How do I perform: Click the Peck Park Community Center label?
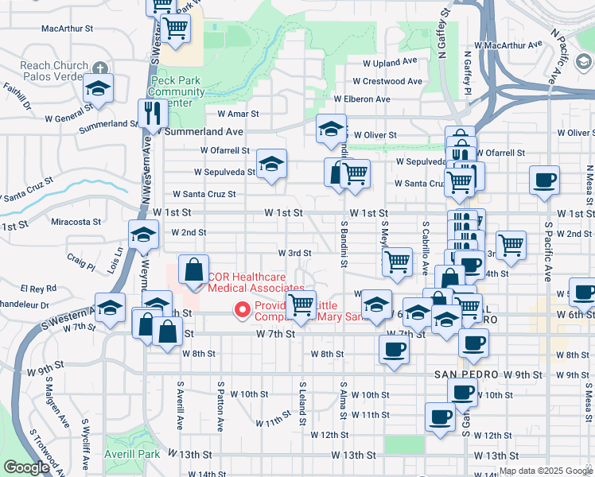[176, 91]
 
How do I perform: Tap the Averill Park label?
[131, 454]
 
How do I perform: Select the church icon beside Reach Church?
[99, 68]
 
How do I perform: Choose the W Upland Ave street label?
[390, 61]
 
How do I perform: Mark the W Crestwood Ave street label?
[387, 81]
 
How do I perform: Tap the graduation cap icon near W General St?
[99, 88]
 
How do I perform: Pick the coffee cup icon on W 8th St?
[393, 348]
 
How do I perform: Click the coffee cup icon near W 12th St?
[440, 416]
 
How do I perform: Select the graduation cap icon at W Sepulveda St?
[271, 164]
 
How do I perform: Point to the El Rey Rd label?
[37, 289]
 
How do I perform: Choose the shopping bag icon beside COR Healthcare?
[194, 270]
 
